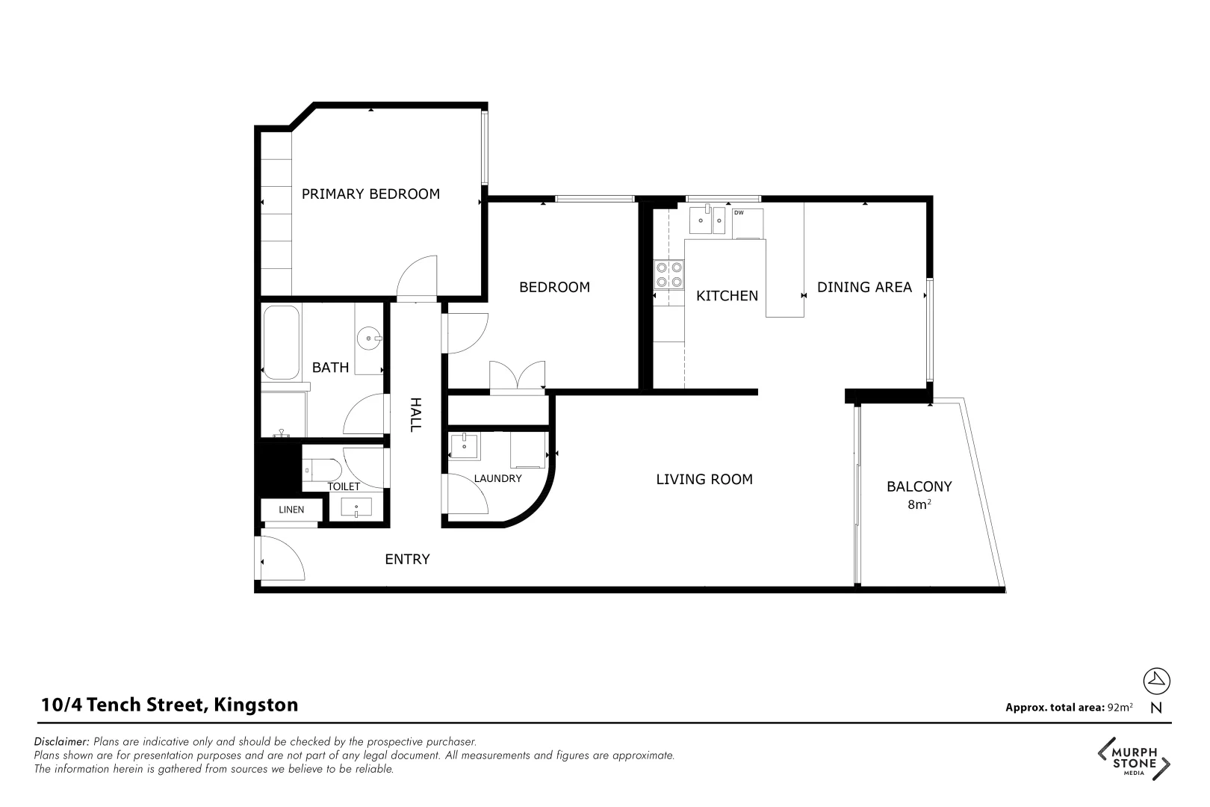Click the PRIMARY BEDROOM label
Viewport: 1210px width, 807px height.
[370, 194]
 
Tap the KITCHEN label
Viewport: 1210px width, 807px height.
[727, 296]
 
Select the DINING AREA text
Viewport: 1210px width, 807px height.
[864, 287]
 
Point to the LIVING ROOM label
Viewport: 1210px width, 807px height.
[704, 480]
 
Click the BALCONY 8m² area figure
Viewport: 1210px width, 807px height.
[919, 505]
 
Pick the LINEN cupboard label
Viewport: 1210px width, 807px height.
[291, 510]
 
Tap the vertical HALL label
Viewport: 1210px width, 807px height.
[416, 414]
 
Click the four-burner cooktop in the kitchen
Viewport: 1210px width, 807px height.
[669, 274]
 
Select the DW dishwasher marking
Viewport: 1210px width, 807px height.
[739, 213]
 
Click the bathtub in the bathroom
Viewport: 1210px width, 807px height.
[281, 342]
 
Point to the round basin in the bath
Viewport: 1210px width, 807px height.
[369, 338]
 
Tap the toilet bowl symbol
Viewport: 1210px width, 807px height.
[323, 469]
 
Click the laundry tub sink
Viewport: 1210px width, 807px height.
[465, 446]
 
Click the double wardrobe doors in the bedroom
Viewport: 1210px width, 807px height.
[517, 375]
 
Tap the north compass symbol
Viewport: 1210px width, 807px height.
[1157, 681]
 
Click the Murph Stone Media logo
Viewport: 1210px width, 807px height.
[1134, 760]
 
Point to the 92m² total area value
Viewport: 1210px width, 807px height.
[1120, 708]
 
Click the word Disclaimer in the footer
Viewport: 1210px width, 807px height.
[62, 742]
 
